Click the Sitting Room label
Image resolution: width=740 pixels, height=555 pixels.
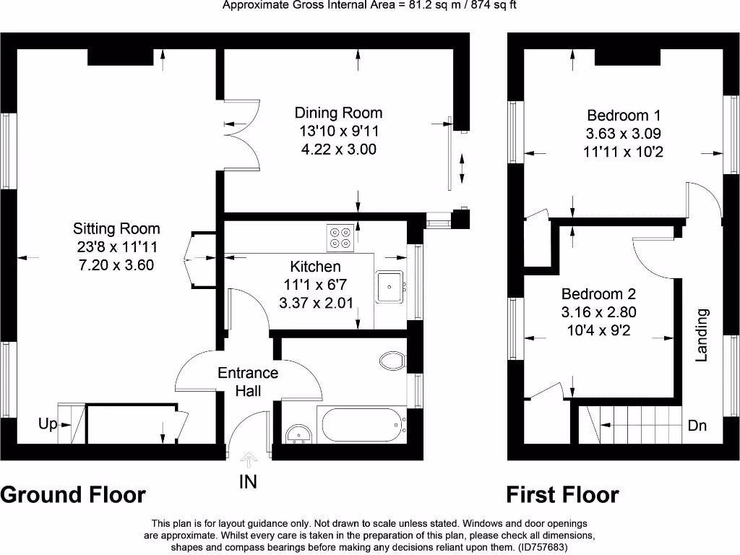point(116,228)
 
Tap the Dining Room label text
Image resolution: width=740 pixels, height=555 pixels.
point(338,113)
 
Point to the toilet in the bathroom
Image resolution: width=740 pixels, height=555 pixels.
point(393,360)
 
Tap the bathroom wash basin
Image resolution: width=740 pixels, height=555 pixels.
point(298,433)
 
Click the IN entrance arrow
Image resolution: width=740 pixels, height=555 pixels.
point(249,460)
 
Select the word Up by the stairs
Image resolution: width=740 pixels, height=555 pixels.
point(48,424)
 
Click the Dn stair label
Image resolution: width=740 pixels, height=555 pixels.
point(697,426)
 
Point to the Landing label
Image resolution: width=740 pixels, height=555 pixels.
point(702,335)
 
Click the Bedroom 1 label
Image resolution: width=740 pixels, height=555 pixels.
point(624,115)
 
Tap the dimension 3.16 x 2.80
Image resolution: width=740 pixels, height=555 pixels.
point(599,312)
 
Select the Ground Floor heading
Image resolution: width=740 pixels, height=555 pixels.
point(73,494)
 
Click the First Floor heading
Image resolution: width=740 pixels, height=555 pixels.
point(562,494)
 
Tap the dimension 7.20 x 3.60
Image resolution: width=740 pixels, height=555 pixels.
point(116,264)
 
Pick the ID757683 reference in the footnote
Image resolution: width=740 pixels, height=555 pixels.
point(537,547)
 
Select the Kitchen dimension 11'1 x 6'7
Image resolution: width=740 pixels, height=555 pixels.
point(316,285)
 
